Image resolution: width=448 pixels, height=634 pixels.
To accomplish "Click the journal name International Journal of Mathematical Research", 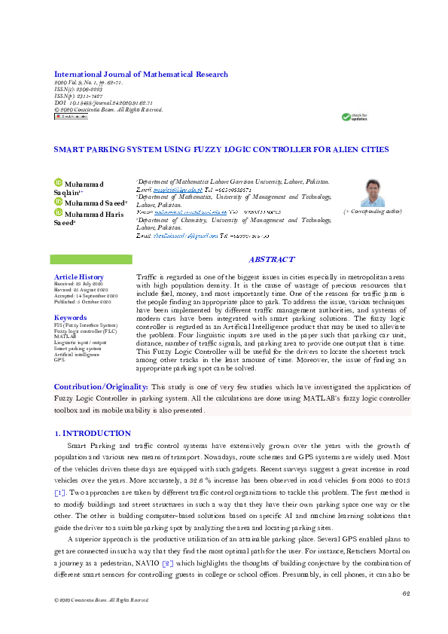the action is coord(141,75).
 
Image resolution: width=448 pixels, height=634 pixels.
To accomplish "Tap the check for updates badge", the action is coord(355,117).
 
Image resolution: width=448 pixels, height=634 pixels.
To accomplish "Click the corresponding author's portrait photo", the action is coord(373,194).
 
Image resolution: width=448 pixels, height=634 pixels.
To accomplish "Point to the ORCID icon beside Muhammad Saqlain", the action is coord(57,184).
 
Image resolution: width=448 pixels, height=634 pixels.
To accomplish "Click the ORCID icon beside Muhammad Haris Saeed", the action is coord(57,213).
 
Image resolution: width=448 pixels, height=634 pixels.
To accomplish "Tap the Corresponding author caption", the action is coord(373,212).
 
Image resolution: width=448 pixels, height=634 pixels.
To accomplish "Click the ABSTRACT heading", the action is coord(271,260).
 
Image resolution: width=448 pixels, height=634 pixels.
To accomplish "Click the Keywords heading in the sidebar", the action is coord(70,318).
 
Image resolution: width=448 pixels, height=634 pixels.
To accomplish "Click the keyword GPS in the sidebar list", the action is coord(59,360).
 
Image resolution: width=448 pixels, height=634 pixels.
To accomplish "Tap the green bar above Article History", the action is coord(90,260).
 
